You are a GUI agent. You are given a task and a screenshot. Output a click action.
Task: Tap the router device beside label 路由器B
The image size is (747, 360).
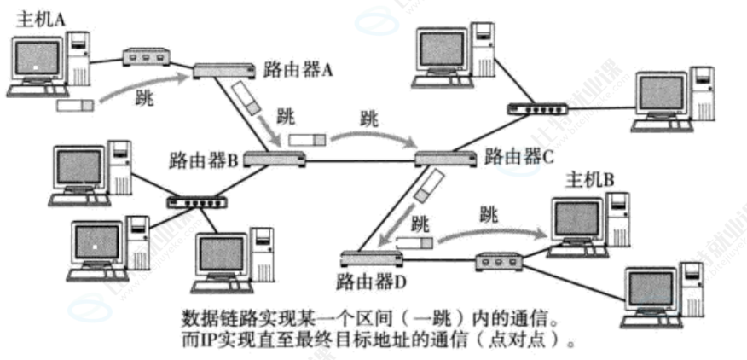point(275,158)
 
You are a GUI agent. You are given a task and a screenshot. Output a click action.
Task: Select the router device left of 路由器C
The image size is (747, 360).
point(445,158)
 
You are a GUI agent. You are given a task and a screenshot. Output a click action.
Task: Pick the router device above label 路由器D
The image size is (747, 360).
point(371,257)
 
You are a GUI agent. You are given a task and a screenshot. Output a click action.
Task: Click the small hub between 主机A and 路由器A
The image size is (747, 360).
point(147,57)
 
